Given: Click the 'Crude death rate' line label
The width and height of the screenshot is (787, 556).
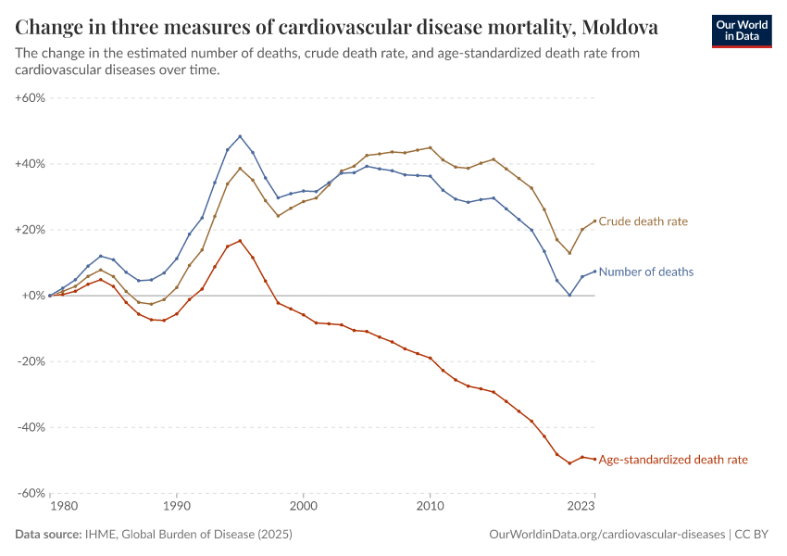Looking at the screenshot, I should (x=643, y=222).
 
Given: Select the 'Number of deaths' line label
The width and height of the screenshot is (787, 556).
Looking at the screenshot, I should (x=646, y=272).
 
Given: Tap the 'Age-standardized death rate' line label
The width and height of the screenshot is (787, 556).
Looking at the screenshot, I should (x=673, y=460).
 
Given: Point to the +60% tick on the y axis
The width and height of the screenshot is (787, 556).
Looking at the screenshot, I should (x=31, y=97).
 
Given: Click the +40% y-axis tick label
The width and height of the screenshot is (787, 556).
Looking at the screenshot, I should (x=31, y=164).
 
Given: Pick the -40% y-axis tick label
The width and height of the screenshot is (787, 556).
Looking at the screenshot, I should (x=31, y=427).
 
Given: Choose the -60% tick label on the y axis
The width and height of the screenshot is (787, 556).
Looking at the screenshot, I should (x=31, y=493).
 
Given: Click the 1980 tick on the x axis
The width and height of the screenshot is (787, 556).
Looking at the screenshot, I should (x=63, y=507).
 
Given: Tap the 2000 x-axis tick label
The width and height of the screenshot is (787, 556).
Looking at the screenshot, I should (x=303, y=507).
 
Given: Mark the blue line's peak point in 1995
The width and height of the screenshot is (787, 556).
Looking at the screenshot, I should (x=240, y=136).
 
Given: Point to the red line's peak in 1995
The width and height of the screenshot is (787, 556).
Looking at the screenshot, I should (x=240, y=241).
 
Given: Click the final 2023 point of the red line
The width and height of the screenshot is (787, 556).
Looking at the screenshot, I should (x=594, y=460).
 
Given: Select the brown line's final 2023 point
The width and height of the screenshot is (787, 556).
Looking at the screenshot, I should (x=594, y=221).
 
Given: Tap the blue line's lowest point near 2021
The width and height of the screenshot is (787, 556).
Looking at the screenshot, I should (x=569, y=296).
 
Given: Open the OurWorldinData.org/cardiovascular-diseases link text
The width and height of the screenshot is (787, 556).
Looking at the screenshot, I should (x=606, y=535).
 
